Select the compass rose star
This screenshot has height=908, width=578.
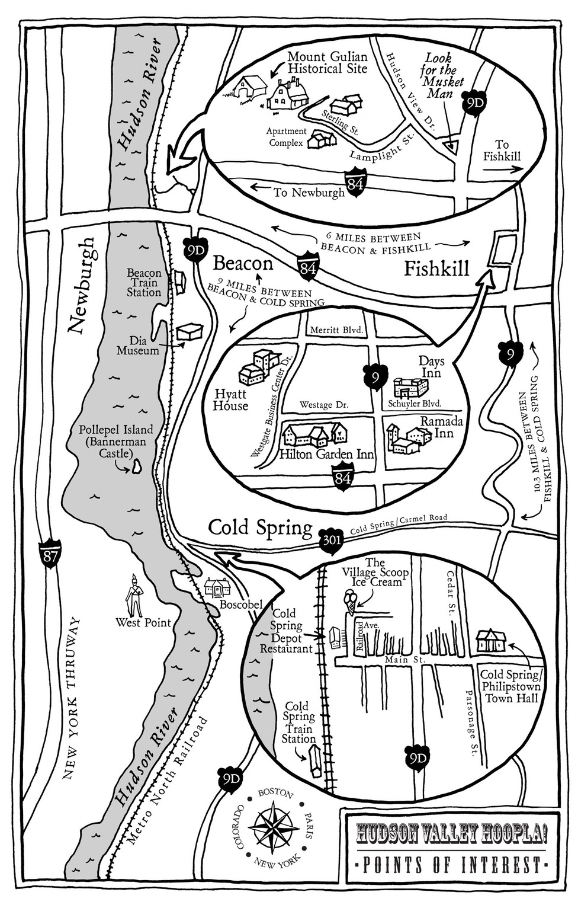(x=274, y=826)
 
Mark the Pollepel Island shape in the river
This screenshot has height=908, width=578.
(x=137, y=467)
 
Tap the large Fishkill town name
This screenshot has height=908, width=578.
(x=436, y=268)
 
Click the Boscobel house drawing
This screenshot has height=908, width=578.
(x=217, y=587)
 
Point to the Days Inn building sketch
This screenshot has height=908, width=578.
(x=410, y=388)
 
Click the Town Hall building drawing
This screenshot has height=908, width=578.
(x=491, y=641)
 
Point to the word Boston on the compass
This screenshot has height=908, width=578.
(x=273, y=793)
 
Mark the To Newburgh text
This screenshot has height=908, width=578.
(x=309, y=193)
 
